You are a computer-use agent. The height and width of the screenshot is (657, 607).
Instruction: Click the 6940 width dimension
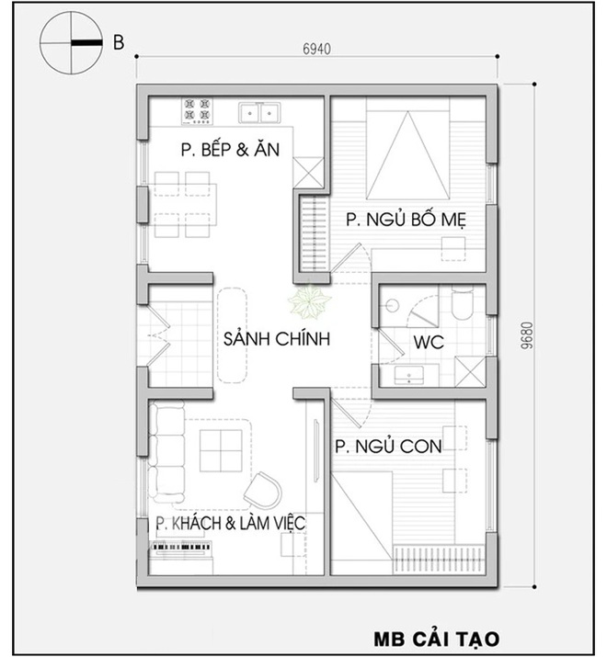pos(315,48)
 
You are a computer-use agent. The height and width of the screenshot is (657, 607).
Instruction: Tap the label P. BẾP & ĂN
pos(229,151)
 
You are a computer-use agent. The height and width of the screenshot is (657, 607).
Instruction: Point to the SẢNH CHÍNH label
pos(276,339)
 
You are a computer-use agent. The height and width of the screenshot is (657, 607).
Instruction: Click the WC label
pos(429,343)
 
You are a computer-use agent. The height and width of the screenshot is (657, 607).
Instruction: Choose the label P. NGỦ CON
pos(387,447)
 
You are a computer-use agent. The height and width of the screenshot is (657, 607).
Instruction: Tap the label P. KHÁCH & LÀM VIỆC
pos(230,522)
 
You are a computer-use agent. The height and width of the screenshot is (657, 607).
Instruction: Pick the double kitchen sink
pos(260,112)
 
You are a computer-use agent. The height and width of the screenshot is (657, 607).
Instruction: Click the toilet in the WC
pos(462,304)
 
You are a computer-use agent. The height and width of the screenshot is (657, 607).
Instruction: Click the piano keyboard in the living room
pos(180,549)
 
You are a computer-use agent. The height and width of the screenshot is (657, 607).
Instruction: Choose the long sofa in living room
pos(167,452)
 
